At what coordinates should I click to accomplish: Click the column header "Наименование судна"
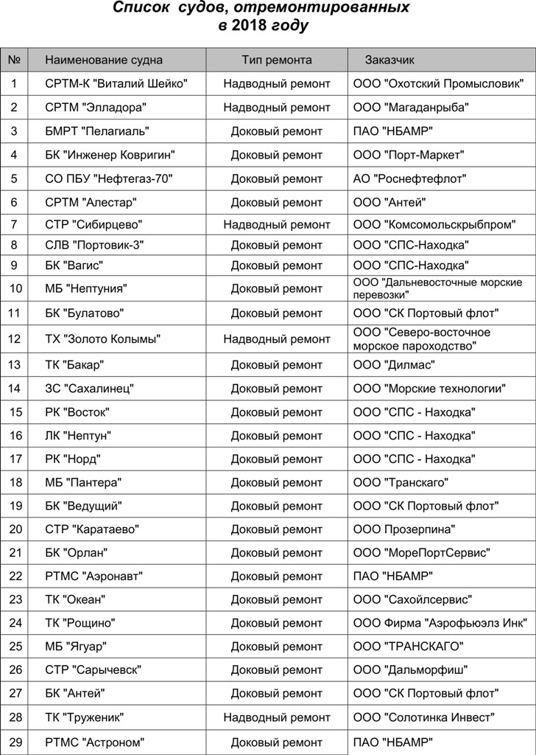point(104,60)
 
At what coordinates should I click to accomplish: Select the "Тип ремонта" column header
point(277,60)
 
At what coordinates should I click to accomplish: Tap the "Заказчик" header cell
point(390,60)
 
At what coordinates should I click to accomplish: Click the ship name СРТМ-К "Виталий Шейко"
point(116,84)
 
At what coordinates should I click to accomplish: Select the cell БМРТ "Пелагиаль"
point(97,131)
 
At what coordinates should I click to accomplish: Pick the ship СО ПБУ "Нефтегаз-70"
point(110,178)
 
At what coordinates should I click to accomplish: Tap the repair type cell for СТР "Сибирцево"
point(277,224)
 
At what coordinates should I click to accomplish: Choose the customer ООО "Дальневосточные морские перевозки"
point(437,288)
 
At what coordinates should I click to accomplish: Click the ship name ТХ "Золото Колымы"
point(103,339)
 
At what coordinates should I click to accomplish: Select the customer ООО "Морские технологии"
point(429,388)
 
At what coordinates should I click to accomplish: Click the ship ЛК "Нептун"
point(78,435)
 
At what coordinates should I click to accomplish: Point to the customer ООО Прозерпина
point(404,529)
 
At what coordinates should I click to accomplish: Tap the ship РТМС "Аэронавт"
point(94,576)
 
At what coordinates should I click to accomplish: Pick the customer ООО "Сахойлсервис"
point(412,599)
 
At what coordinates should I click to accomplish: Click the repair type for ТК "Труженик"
point(277,717)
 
